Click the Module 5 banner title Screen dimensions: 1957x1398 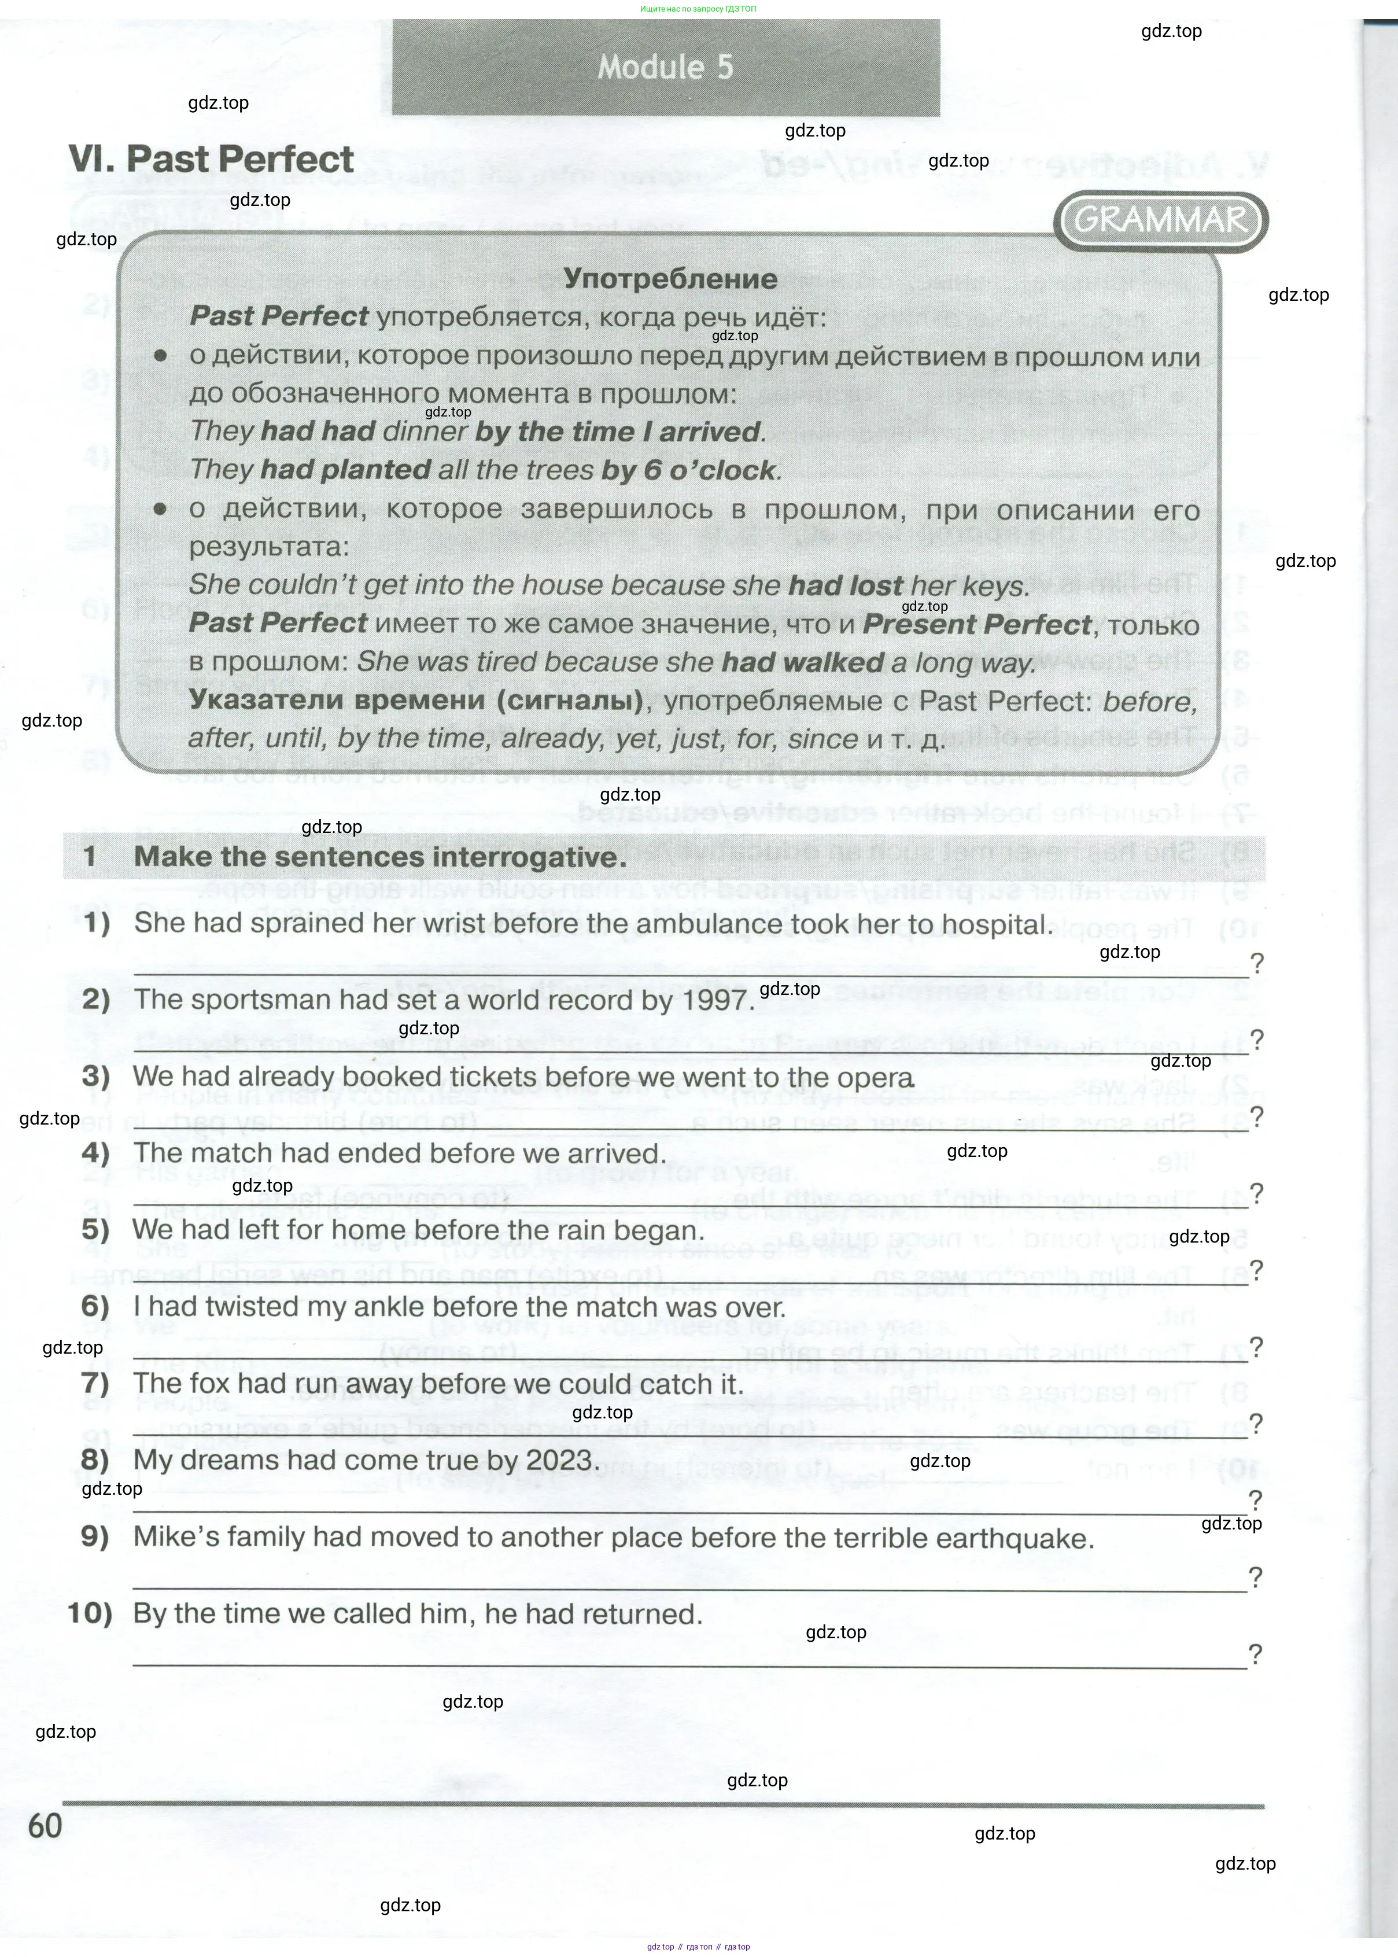pos(665,67)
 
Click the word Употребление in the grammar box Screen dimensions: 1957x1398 pos(670,279)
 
